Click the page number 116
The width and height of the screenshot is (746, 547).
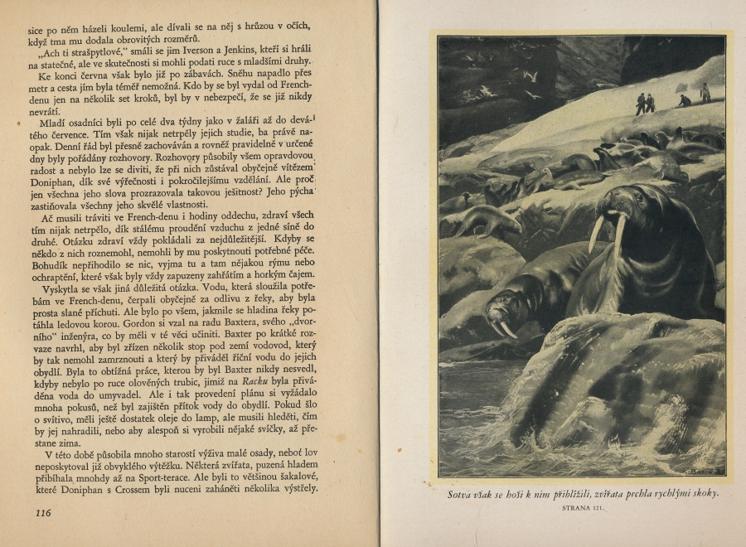44,512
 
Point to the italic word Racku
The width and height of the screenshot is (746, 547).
254,381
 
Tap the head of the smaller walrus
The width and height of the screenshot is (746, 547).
502,311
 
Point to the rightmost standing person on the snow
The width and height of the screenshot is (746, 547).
705,92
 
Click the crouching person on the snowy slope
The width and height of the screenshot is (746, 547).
684,100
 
